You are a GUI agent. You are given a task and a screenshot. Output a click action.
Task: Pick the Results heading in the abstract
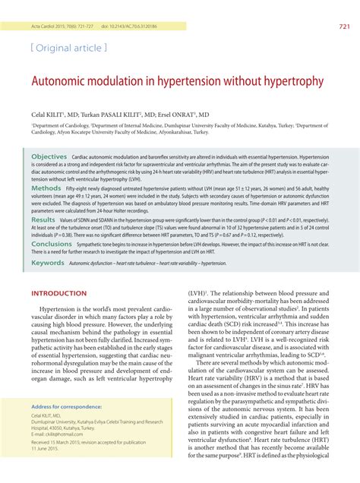(x=43, y=219)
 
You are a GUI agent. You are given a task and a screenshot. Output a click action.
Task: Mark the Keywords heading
(x=47, y=262)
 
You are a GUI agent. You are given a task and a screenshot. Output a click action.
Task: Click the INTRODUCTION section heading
(x=58, y=292)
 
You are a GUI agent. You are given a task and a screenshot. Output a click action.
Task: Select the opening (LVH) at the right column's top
(x=199, y=292)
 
